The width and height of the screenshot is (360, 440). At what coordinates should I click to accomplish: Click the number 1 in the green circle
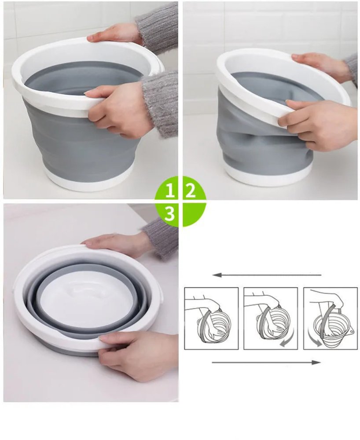pyautogui.click(x=170, y=191)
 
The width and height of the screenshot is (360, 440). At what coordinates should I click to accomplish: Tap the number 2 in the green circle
pyautogui.click(x=191, y=191)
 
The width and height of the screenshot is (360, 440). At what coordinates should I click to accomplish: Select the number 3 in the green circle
pyautogui.click(x=170, y=213)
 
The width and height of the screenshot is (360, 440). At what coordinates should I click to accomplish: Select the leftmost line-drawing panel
pyautogui.click(x=211, y=318)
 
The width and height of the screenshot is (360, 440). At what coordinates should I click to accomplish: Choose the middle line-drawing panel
pyautogui.click(x=270, y=318)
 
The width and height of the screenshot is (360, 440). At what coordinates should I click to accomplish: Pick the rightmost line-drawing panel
pyautogui.click(x=330, y=318)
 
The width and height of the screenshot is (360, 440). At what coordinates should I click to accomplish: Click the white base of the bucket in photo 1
pyautogui.click(x=88, y=180)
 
